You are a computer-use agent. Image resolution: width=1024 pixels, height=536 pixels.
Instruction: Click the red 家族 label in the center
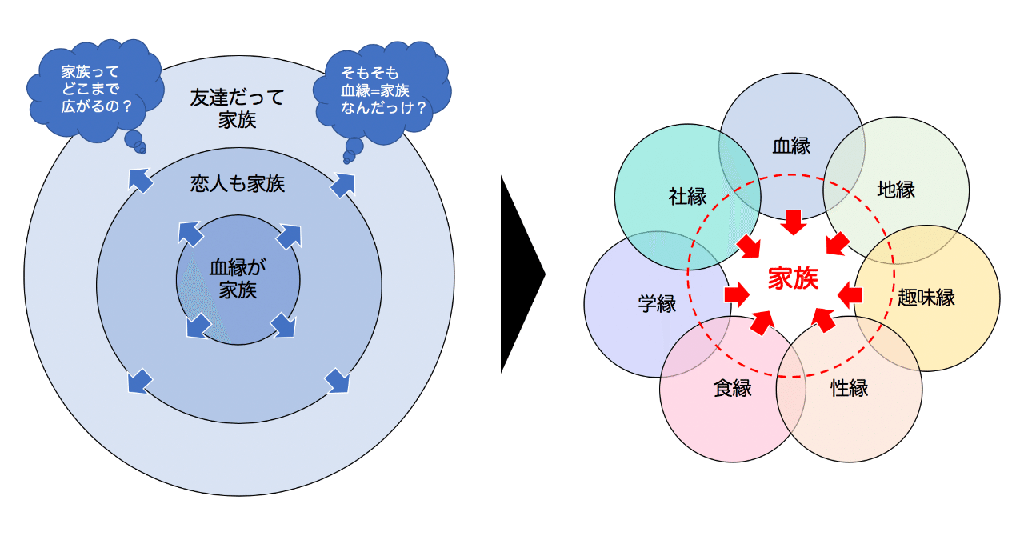point(793,278)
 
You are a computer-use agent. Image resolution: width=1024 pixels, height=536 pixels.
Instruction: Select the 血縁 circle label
point(791,146)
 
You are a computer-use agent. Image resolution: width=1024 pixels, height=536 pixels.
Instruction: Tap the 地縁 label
point(896,190)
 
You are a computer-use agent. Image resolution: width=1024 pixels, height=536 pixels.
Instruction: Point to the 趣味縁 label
point(926,298)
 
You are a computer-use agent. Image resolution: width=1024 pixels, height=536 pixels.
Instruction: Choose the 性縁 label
point(849,389)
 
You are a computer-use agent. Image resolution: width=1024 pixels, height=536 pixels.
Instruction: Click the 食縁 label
point(732,389)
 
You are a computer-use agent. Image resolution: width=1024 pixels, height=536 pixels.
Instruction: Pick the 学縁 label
point(657,304)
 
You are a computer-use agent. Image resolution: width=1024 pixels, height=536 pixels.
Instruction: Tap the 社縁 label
point(687,196)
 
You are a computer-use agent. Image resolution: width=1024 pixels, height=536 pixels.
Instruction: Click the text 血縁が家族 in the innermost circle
point(238,278)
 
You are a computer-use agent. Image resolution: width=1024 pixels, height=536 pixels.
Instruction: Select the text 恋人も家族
point(238,185)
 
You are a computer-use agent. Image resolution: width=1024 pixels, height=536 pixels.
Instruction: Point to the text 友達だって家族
point(238,110)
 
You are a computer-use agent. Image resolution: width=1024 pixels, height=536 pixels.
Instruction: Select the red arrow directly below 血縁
point(793,222)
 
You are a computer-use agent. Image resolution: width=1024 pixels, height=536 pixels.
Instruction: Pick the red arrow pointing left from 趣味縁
point(850,296)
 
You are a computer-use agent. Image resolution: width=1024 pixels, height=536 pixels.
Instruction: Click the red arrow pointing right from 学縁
point(737,295)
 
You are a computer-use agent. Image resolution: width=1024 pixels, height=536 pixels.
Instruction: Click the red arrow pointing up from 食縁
point(762,321)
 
